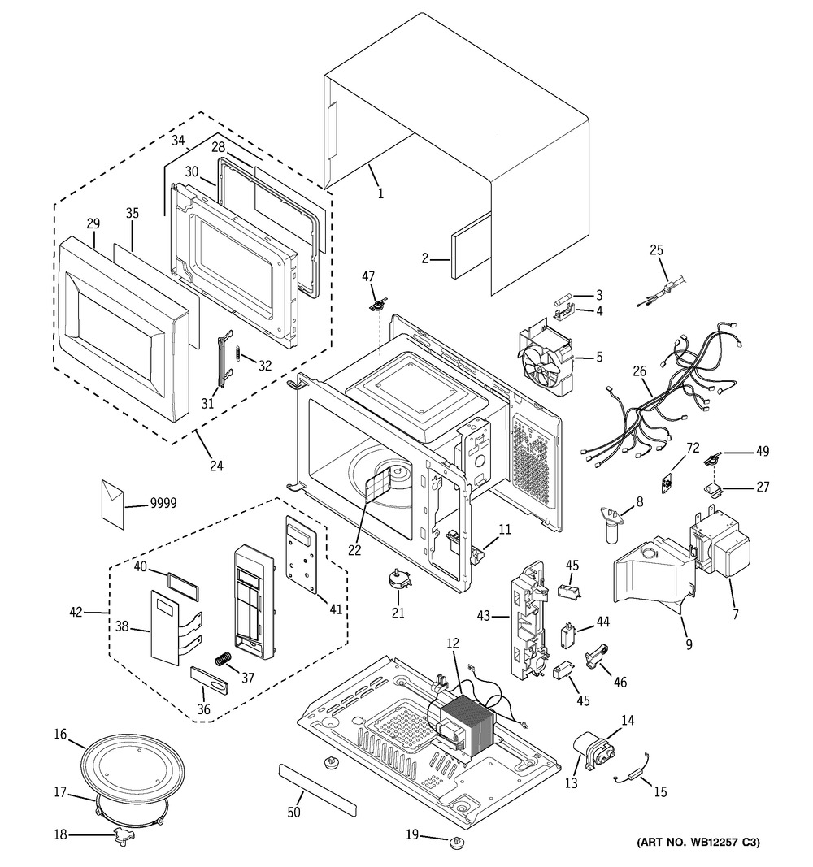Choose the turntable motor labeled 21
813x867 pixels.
tap(398, 579)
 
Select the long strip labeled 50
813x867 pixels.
tap(318, 789)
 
